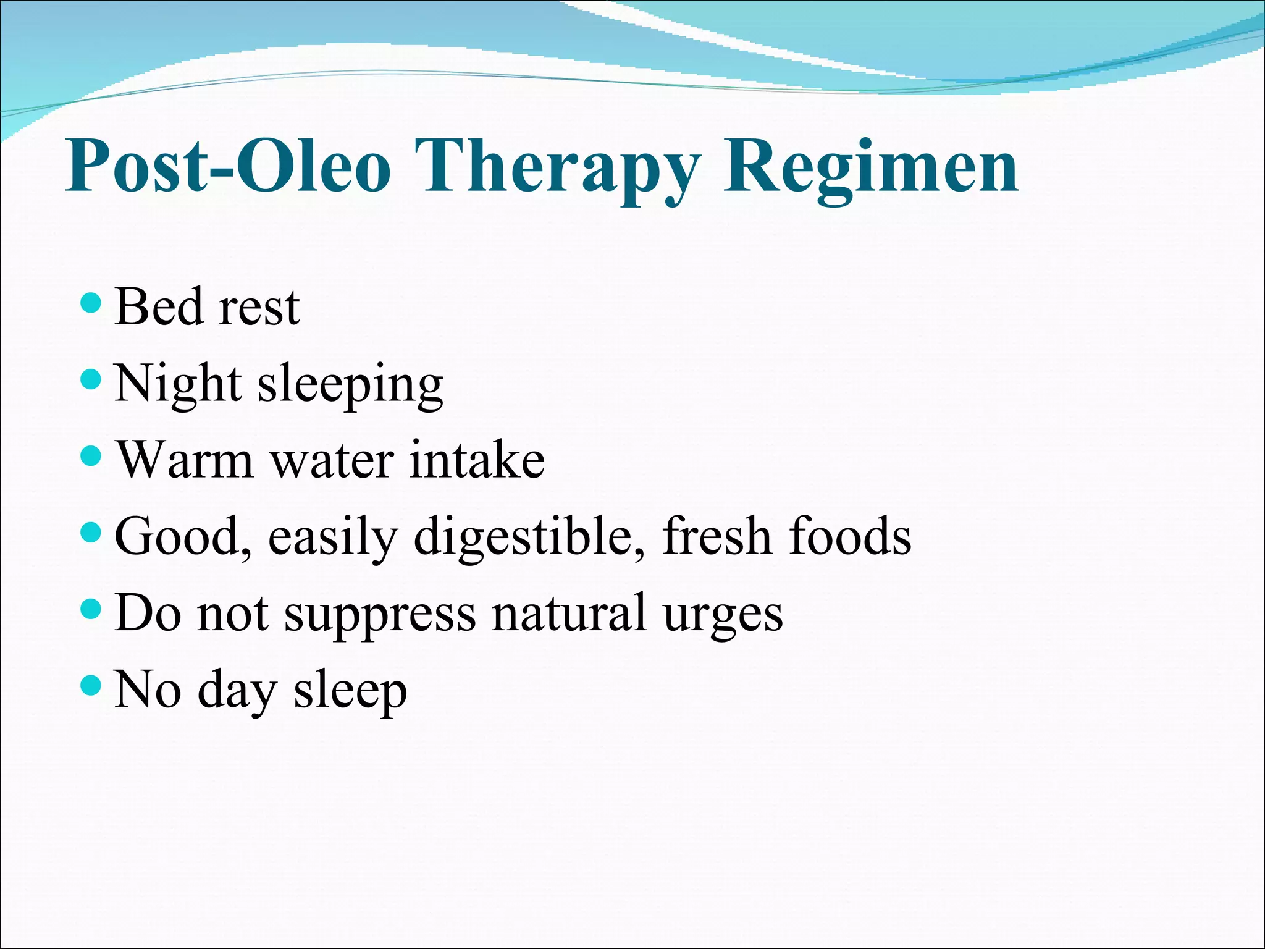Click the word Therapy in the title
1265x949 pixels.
coord(557,167)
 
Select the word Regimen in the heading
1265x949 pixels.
coord(871,167)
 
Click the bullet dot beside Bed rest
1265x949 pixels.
coord(91,303)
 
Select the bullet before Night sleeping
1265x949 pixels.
coord(91,379)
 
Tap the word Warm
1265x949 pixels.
coord(185,460)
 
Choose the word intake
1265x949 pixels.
coord(476,460)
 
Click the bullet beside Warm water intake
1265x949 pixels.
coord(91,457)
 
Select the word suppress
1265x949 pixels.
coord(380,614)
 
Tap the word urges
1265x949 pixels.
coord(723,615)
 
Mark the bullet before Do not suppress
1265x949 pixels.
coord(91,609)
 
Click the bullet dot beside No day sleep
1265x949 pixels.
coord(91,685)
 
